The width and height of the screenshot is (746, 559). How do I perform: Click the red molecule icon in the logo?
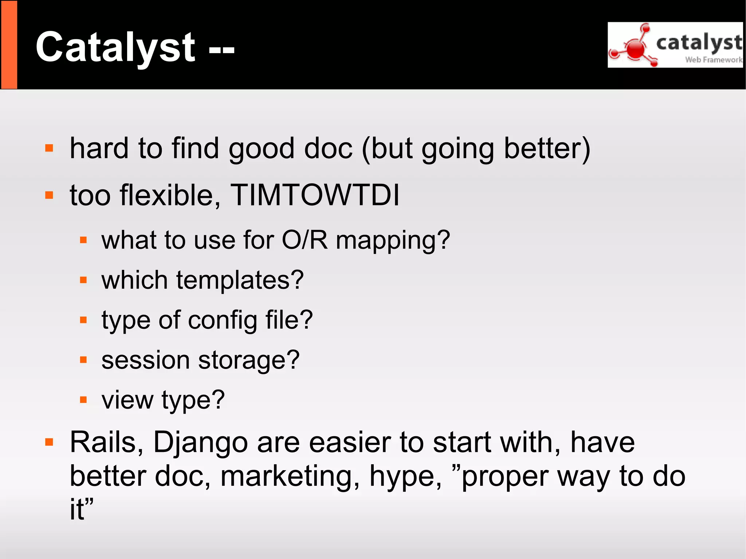click(635, 48)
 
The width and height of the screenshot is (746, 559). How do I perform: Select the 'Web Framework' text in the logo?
click(713, 60)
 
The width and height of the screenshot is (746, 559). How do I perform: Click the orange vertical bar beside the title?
click(9, 44)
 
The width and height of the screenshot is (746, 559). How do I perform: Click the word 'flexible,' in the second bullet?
click(170, 195)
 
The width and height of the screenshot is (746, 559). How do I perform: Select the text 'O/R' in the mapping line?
click(305, 240)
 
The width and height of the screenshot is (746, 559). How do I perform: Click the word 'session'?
click(145, 361)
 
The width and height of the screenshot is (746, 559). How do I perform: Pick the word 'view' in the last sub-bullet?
click(127, 400)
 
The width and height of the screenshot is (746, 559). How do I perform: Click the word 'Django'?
click(201, 443)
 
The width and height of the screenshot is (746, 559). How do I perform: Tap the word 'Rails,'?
click(106, 443)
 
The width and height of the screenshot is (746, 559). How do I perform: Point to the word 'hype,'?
click(405, 477)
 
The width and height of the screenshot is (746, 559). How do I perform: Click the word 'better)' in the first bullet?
click(547, 149)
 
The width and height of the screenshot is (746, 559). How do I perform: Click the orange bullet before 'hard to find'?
click(49, 148)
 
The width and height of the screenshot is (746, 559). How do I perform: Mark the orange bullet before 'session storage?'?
click(83, 360)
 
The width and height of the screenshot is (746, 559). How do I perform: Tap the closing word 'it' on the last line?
click(77, 509)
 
